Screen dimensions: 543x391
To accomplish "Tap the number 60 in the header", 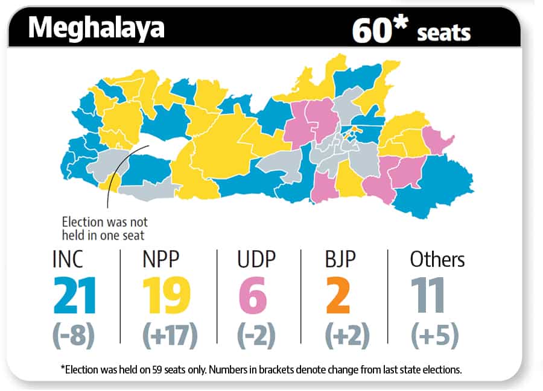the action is (372, 30).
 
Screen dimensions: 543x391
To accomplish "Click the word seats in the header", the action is (443, 33).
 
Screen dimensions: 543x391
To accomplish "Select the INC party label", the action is (68, 259).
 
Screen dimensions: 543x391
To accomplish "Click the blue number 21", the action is (74, 295).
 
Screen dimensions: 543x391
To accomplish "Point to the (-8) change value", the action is (74, 336).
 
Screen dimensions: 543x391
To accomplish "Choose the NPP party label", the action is (161, 259).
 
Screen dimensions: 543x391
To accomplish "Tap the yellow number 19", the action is (167, 295).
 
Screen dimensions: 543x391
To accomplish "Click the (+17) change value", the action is (170, 336).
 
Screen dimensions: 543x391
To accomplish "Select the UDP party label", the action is (256, 259).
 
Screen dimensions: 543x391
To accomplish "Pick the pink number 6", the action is (253, 295).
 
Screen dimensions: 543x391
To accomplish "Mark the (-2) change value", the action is (256, 336).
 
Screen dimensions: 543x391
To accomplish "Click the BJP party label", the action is (340, 259).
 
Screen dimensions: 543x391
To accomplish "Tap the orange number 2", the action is (338, 295).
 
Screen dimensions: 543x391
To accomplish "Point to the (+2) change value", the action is (348, 336).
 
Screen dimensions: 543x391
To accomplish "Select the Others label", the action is (437, 259).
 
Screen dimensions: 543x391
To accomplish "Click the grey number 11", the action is (428, 295).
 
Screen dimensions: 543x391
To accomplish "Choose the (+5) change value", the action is (435, 336).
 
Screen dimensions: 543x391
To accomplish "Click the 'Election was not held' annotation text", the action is (104, 228).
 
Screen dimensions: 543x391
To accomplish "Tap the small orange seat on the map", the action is (354, 131).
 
